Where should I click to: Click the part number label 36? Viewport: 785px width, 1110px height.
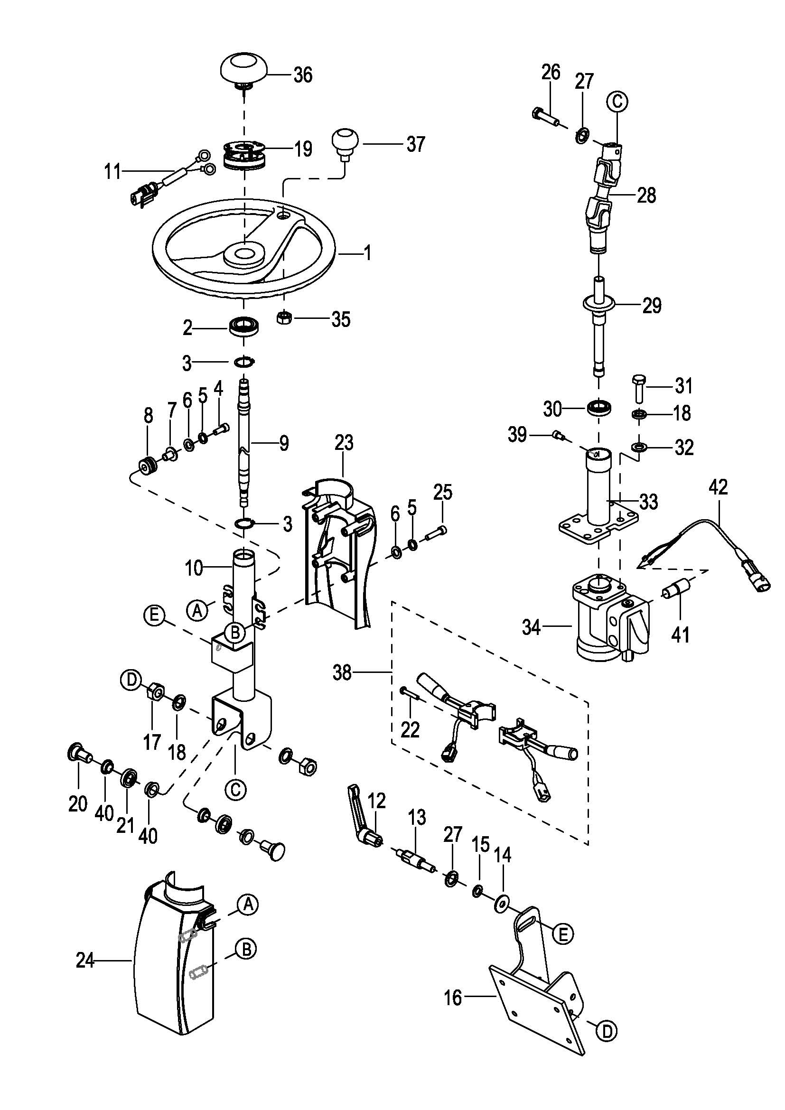[x=303, y=75]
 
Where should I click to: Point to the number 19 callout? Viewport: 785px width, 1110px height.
[x=304, y=149]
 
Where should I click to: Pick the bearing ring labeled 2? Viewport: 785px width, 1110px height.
[x=244, y=326]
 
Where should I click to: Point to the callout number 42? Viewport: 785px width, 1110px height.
[x=718, y=487]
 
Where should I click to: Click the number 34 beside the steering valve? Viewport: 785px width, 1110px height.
[x=531, y=627]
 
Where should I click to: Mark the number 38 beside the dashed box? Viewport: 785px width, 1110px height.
[x=342, y=672]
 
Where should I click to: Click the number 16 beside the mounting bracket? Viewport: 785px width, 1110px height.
[x=453, y=998]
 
